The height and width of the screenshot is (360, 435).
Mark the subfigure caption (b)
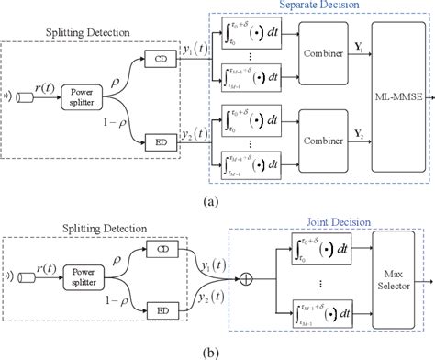click(x=217, y=352)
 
